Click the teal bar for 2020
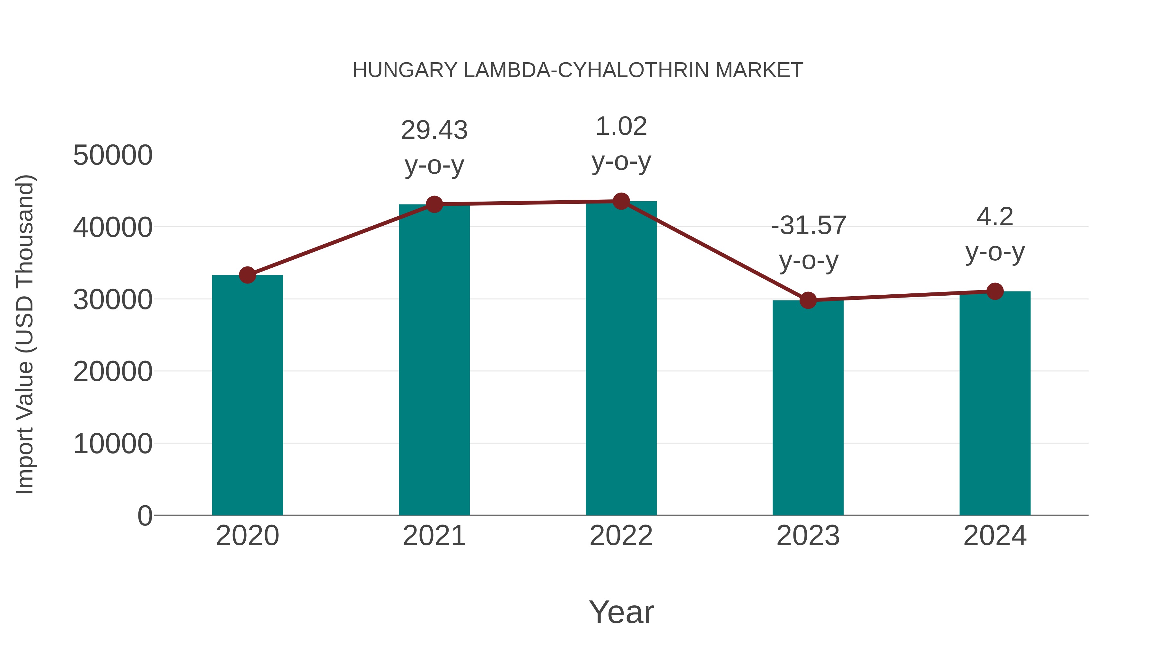tap(247, 395)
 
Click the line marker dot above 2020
tap(247, 275)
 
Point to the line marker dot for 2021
tap(434, 204)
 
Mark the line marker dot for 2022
tap(621, 201)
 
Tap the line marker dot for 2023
tap(808, 300)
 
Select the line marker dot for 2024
tap(995, 291)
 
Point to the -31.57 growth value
tap(808, 225)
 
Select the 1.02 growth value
tap(621, 126)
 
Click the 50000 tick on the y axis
tap(113, 155)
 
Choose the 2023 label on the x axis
tap(808, 536)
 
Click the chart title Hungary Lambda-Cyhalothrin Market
tap(578, 70)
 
